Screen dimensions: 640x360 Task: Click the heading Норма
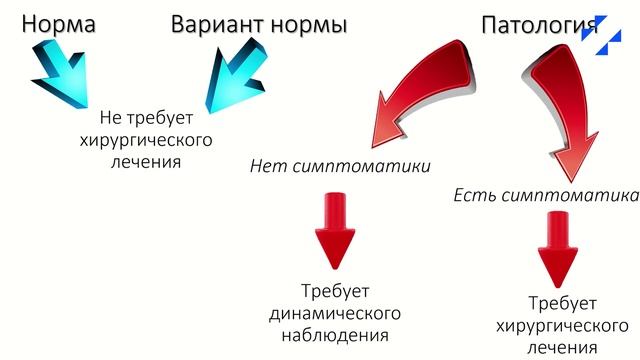pyautogui.click(x=59, y=23)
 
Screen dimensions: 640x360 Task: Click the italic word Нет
pyautogui.click(x=267, y=165)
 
